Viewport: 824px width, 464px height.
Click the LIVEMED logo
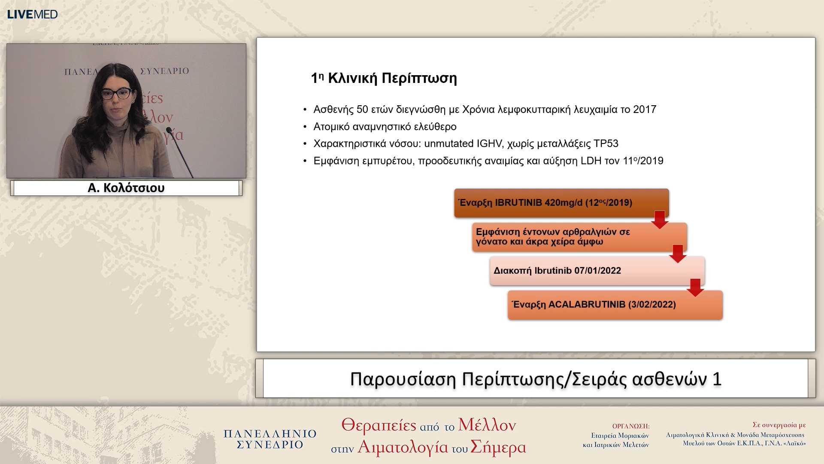(x=32, y=14)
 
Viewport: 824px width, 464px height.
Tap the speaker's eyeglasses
(x=116, y=93)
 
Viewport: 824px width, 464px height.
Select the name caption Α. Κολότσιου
(x=126, y=188)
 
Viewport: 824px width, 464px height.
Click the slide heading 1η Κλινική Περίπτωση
(x=384, y=78)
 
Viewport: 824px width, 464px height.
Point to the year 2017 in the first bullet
(x=644, y=110)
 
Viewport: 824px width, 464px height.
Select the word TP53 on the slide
(x=606, y=143)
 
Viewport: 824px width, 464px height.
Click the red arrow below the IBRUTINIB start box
(x=660, y=220)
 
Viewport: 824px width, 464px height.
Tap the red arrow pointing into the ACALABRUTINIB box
(x=695, y=287)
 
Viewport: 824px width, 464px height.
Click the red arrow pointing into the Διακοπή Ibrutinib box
(x=678, y=253)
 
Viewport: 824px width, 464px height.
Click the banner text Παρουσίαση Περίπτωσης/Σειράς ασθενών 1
(x=536, y=379)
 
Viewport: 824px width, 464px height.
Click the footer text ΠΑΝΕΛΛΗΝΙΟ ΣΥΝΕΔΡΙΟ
(x=270, y=439)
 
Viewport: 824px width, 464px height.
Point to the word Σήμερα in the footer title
(x=498, y=447)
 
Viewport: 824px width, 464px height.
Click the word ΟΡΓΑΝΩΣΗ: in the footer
(x=630, y=426)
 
